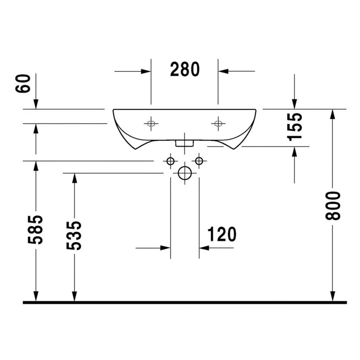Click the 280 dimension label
[x=185, y=69]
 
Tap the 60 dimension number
[x=23, y=84]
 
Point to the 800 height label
[x=333, y=206]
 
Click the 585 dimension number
[x=35, y=229]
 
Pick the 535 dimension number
[x=74, y=235]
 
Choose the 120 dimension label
[x=222, y=234]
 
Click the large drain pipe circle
[x=185, y=173]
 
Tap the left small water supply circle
[x=171, y=161]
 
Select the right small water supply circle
[x=199, y=161]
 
